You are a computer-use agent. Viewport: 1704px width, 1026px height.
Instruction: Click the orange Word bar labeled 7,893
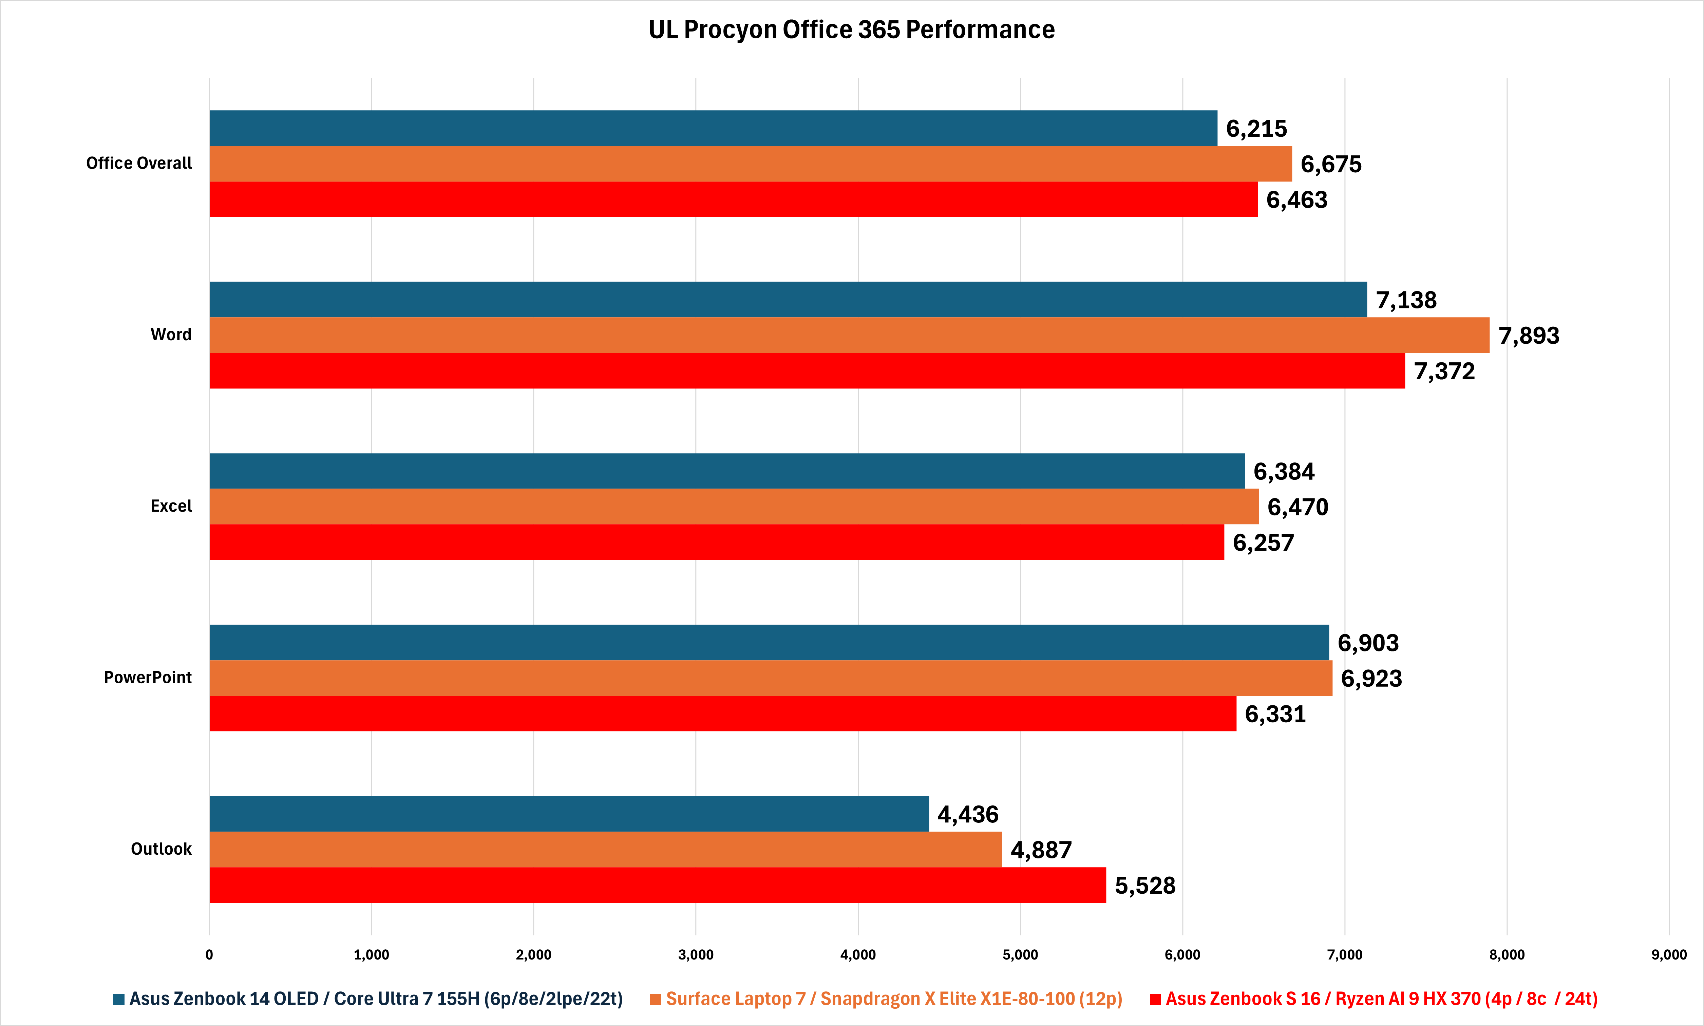coord(849,335)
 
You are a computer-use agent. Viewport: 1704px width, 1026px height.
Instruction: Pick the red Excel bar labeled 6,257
coord(716,542)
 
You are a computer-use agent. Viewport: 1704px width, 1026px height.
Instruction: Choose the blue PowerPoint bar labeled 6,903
coord(769,642)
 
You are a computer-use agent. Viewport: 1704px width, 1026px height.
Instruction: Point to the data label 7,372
coord(1444,371)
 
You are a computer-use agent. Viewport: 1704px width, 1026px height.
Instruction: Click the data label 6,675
coord(1331,165)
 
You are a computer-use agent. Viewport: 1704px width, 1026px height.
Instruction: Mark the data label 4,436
coord(968,814)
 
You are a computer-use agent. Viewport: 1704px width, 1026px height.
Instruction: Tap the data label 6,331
coord(1275,714)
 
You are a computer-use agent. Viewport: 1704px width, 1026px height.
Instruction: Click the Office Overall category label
coord(139,163)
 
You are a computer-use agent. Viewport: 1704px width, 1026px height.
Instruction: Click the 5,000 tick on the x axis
coord(1020,955)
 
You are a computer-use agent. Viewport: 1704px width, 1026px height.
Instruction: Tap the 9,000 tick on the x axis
coord(1669,955)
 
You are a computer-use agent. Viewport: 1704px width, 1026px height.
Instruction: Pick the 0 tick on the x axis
coord(209,955)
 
